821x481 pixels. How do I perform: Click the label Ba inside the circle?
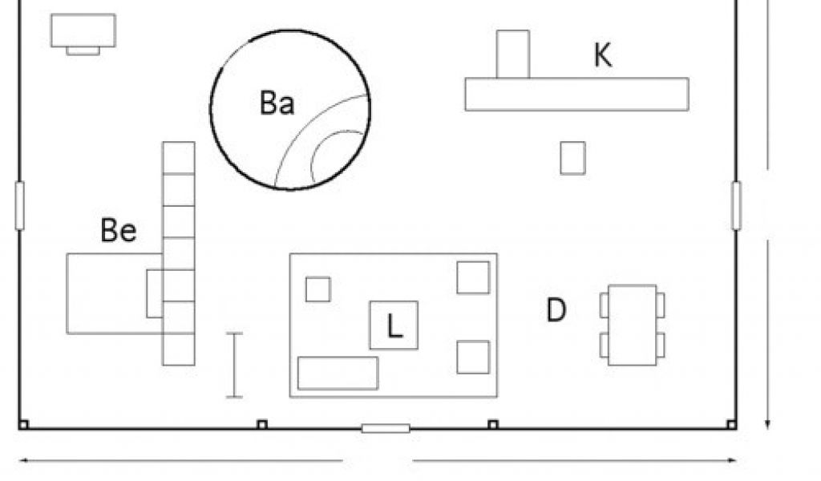tap(277, 103)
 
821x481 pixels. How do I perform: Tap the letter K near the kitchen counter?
tap(602, 55)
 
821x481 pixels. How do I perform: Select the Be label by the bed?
tap(119, 231)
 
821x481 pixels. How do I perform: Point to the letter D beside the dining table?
tap(556, 310)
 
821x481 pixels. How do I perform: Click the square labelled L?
tap(394, 325)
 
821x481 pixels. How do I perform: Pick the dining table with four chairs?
tap(633, 325)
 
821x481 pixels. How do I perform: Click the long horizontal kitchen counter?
tap(576, 94)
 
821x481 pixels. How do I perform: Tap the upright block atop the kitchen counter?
tap(513, 54)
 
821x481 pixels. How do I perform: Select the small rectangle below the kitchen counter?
tap(572, 157)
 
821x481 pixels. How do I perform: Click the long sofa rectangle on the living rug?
tap(338, 373)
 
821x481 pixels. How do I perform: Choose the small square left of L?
tap(318, 289)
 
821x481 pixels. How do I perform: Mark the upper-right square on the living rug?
tap(473, 277)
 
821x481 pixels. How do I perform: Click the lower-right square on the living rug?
tap(473, 357)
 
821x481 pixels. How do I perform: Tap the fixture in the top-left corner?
tap(83, 32)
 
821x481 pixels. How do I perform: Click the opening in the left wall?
tap(20, 205)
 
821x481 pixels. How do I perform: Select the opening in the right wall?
tap(736, 205)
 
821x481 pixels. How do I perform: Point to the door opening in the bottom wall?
tap(386, 428)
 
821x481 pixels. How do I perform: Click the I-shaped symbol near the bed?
tap(234, 365)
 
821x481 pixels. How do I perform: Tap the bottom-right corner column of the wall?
tap(730, 424)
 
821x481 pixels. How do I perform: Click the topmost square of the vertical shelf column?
tap(179, 157)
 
